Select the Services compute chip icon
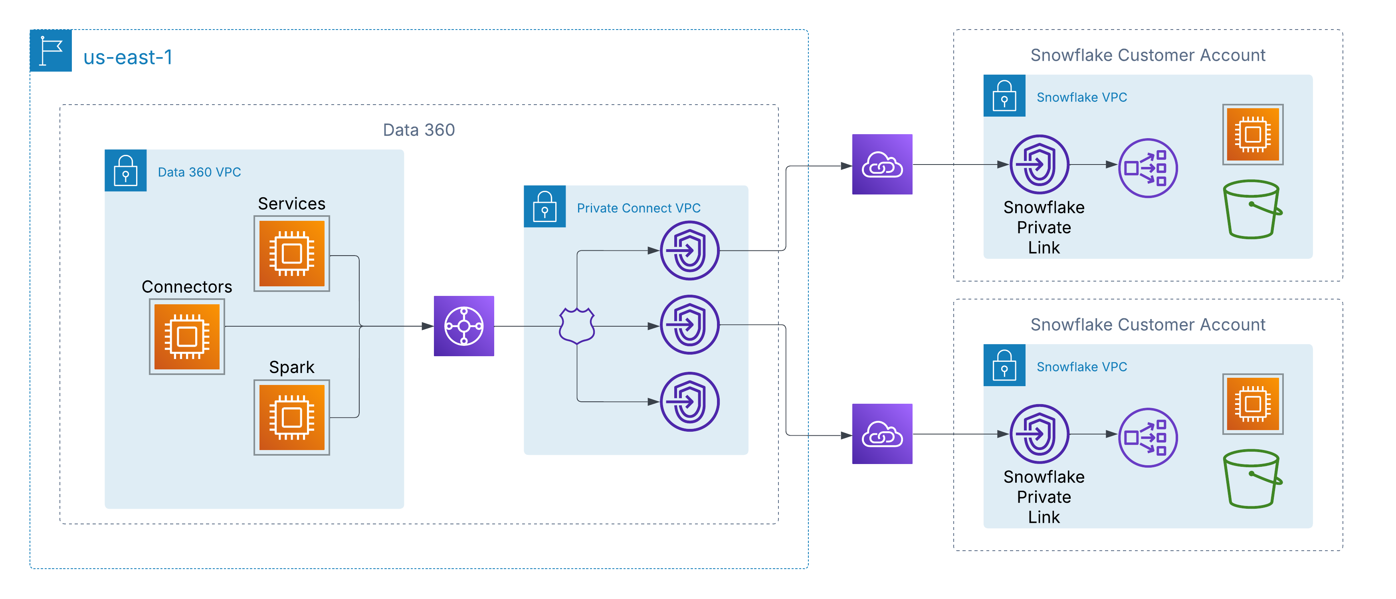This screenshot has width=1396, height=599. click(291, 253)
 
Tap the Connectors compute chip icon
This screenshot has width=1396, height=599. click(187, 337)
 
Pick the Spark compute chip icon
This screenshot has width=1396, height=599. click(291, 417)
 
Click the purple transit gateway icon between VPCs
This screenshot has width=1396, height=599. click(464, 326)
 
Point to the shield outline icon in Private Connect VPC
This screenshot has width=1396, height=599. click(576, 326)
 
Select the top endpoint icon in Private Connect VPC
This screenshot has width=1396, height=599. click(689, 250)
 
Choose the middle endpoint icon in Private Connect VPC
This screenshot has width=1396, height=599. click(689, 325)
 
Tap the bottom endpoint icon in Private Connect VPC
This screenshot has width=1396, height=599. click(689, 402)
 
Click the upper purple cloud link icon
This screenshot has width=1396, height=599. click(882, 164)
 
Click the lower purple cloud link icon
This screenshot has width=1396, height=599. click(882, 434)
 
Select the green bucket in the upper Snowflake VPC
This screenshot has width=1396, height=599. click(1252, 209)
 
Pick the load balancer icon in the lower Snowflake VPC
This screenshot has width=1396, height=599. click(1148, 437)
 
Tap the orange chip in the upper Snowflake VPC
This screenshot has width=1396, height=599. click(1252, 134)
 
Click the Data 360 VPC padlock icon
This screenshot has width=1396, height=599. click(126, 170)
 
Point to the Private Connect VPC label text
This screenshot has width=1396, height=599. click(638, 208)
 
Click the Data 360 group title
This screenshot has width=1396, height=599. click(418, 130)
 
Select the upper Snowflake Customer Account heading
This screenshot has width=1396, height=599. click(1147, 55)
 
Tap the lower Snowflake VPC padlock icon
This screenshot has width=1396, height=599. click(1004, 365)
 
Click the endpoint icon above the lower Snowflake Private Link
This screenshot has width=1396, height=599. click(1039, 434)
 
